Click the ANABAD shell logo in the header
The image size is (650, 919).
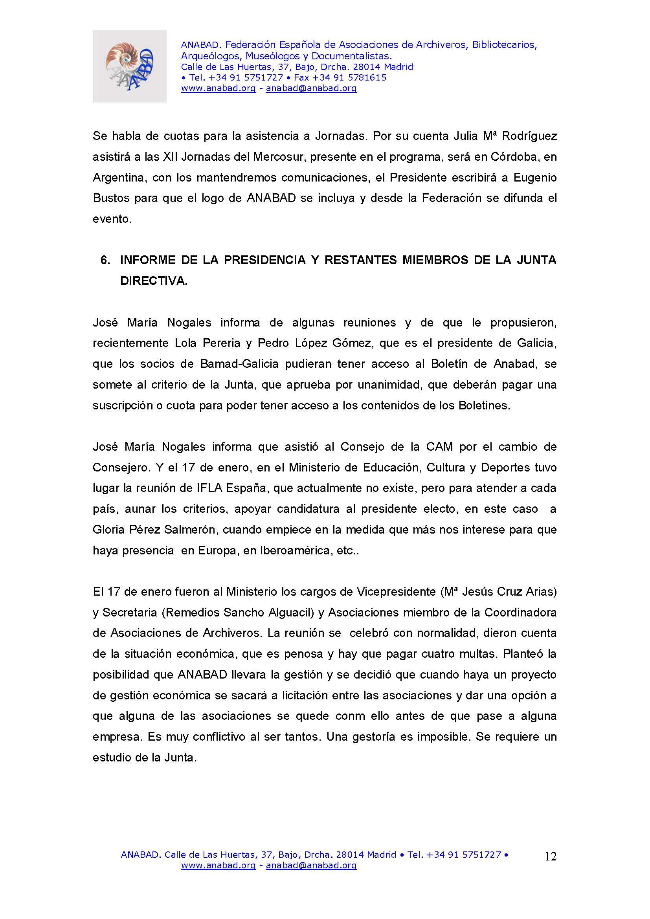129,66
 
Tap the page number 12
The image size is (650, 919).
550,856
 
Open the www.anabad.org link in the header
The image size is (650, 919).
218,88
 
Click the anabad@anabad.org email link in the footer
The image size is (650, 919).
311,865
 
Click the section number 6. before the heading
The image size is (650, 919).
105,260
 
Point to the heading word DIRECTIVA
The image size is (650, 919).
154,281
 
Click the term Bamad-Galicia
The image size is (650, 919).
239,364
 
